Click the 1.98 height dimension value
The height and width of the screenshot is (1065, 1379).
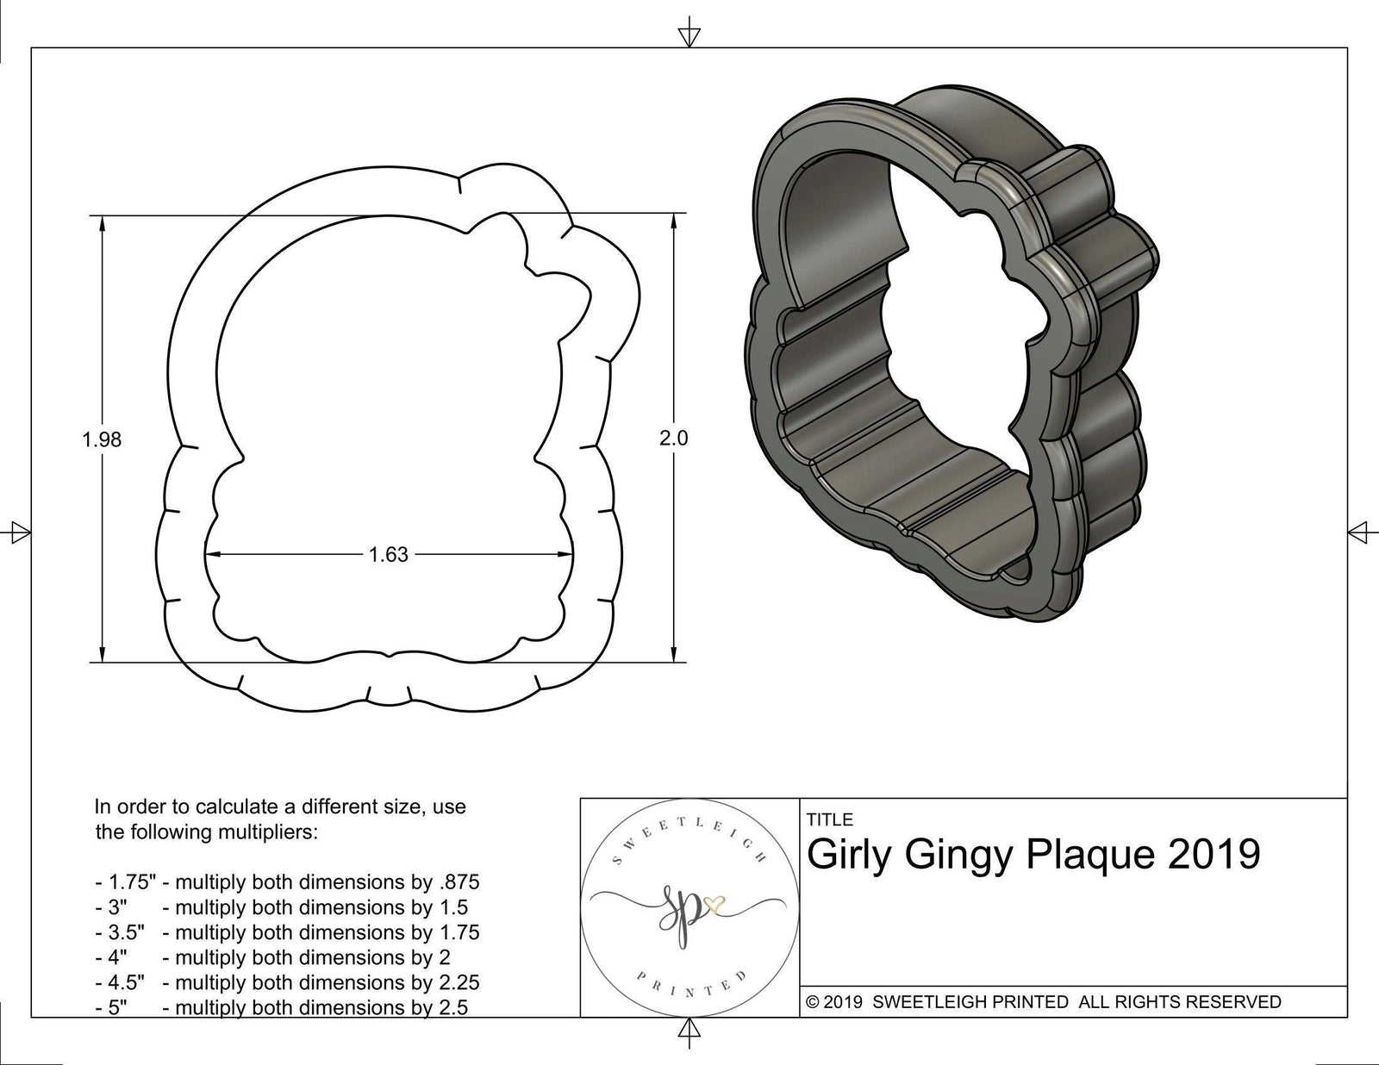(102, 439)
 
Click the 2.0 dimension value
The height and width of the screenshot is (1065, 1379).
(674, 438)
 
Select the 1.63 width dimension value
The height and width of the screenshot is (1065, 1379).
(388, 555)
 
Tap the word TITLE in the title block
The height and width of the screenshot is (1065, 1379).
(830, 819)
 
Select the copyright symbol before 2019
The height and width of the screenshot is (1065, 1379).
(812, 1002)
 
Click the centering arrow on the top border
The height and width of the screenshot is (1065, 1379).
(689, 35)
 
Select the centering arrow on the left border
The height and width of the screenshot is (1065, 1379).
(18, 532)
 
